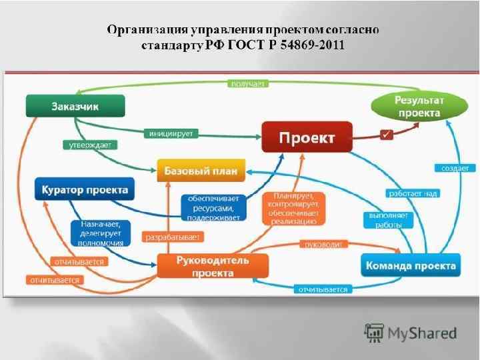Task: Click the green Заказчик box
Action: point(75,105)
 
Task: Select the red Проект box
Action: point(307,138)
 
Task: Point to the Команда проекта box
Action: point(411,265)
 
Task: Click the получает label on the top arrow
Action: point(248,83)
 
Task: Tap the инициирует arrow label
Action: point(171,133)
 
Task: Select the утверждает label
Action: point(84,144)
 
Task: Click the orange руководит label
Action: point(323,245)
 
